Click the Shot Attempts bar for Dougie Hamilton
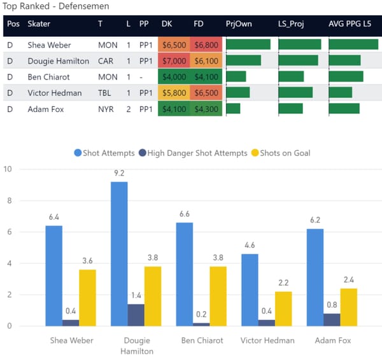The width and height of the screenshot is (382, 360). (118, 254)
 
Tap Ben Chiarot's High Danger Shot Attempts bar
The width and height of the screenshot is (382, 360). (201, 324)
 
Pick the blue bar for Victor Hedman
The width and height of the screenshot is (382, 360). (250, 290)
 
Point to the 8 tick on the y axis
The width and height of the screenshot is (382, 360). (8, 200)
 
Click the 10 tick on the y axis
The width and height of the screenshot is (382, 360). (8, 169)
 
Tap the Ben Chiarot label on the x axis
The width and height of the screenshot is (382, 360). (201, 340)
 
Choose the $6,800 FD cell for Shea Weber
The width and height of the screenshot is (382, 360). (206, 45)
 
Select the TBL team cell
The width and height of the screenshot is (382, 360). (106, 93)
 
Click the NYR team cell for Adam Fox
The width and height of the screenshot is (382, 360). (106, 109)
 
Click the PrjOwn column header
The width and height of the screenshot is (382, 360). (238, 24)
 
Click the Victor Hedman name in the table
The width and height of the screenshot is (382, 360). (55, 93)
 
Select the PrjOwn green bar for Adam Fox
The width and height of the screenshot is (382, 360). (234, 109)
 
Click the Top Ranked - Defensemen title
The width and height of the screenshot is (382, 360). (56, 6)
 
